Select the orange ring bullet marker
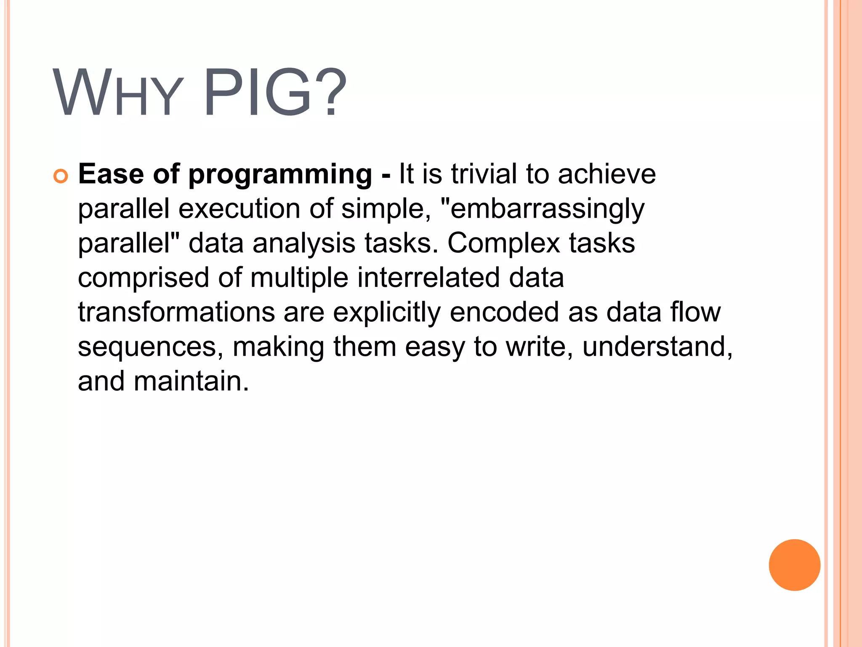[x=61, y=176]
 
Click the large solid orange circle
[x=794, y=565]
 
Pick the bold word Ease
[x=111, y=174]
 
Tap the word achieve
[x=607, y=174]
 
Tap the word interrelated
[x=428, y=278]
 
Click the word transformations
[x=176, y=313]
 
